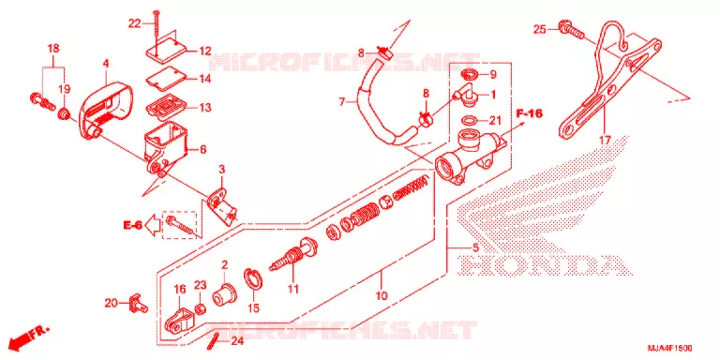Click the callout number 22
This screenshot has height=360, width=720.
tap(134, 23)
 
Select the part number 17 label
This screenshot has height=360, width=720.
tap(605, 141)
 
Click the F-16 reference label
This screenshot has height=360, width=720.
tap(529, 113)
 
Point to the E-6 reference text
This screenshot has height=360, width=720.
tap(132, 225)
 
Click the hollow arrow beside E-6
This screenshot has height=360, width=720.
tap(152, 225)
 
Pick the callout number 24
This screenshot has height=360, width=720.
tap(237, 341)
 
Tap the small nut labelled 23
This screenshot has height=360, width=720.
tap(200, 308)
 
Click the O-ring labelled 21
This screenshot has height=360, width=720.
tap(469, 121)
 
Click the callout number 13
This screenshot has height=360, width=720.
tap(205, 108)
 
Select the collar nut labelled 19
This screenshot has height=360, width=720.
tap(64, 112)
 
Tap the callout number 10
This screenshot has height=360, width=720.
tap(382, 296)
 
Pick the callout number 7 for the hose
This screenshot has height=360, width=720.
tap(341, 102)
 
